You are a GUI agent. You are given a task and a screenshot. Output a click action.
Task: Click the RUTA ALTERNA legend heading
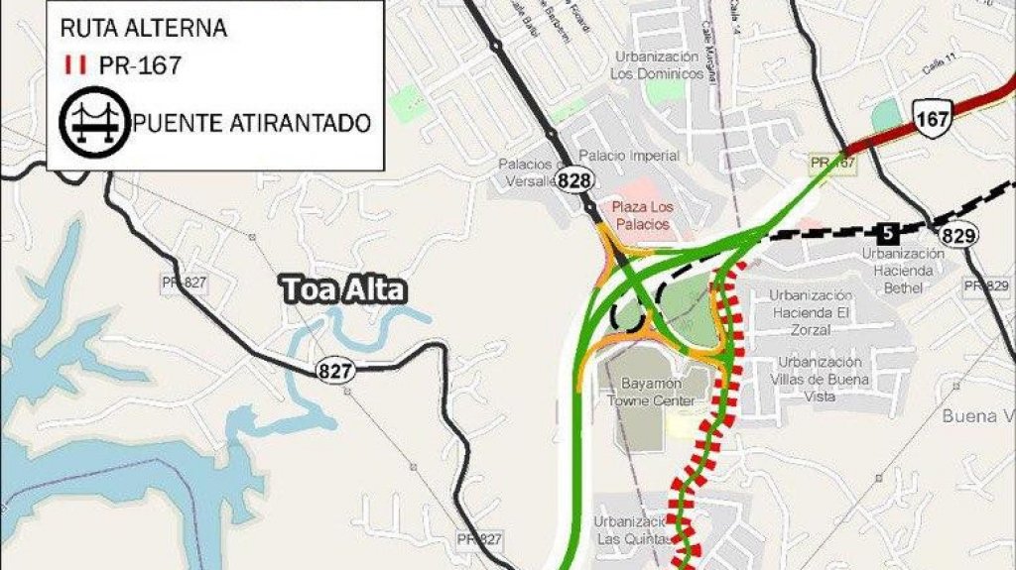(x=144, y=28)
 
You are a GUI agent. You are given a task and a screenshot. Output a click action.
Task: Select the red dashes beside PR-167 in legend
(x=72, y=65)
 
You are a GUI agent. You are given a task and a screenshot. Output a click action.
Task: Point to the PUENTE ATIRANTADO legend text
(x=253, y=123)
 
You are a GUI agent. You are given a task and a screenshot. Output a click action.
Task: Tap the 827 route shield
(x=332, y=370)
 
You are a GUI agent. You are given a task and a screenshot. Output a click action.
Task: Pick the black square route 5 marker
(x=888, y=233)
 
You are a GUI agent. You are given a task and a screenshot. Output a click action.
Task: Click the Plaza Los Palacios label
(x=642, y=216)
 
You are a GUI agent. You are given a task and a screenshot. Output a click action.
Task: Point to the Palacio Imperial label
(x=629, y=156)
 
